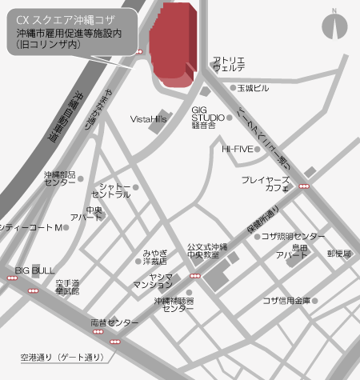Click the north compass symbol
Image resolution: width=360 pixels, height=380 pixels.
pyautogui.click(x=335, y=27)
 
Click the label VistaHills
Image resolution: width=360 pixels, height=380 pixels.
pyautogui.click(x=148, y=118)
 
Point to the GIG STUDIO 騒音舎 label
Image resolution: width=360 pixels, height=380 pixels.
pyautogui.click(x=208, y=118)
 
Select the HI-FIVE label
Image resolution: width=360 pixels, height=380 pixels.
pyautogui.click(x=237, y=149)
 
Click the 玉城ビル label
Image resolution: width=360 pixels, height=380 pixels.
pyautogui.click(x=253, y=88)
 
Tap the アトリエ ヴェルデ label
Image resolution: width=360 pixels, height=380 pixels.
pyautogui.click(x=228, y=65)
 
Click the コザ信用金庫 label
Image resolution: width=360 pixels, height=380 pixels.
pyautogui.click(x=286, y=301)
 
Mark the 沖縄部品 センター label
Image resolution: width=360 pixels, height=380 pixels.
pyautogui.click(x=60, y=178)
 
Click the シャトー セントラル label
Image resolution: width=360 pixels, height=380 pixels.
pyautogui.click(x=111, y=190)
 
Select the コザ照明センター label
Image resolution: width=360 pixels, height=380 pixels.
pyautogui.click(x=293, y=237)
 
